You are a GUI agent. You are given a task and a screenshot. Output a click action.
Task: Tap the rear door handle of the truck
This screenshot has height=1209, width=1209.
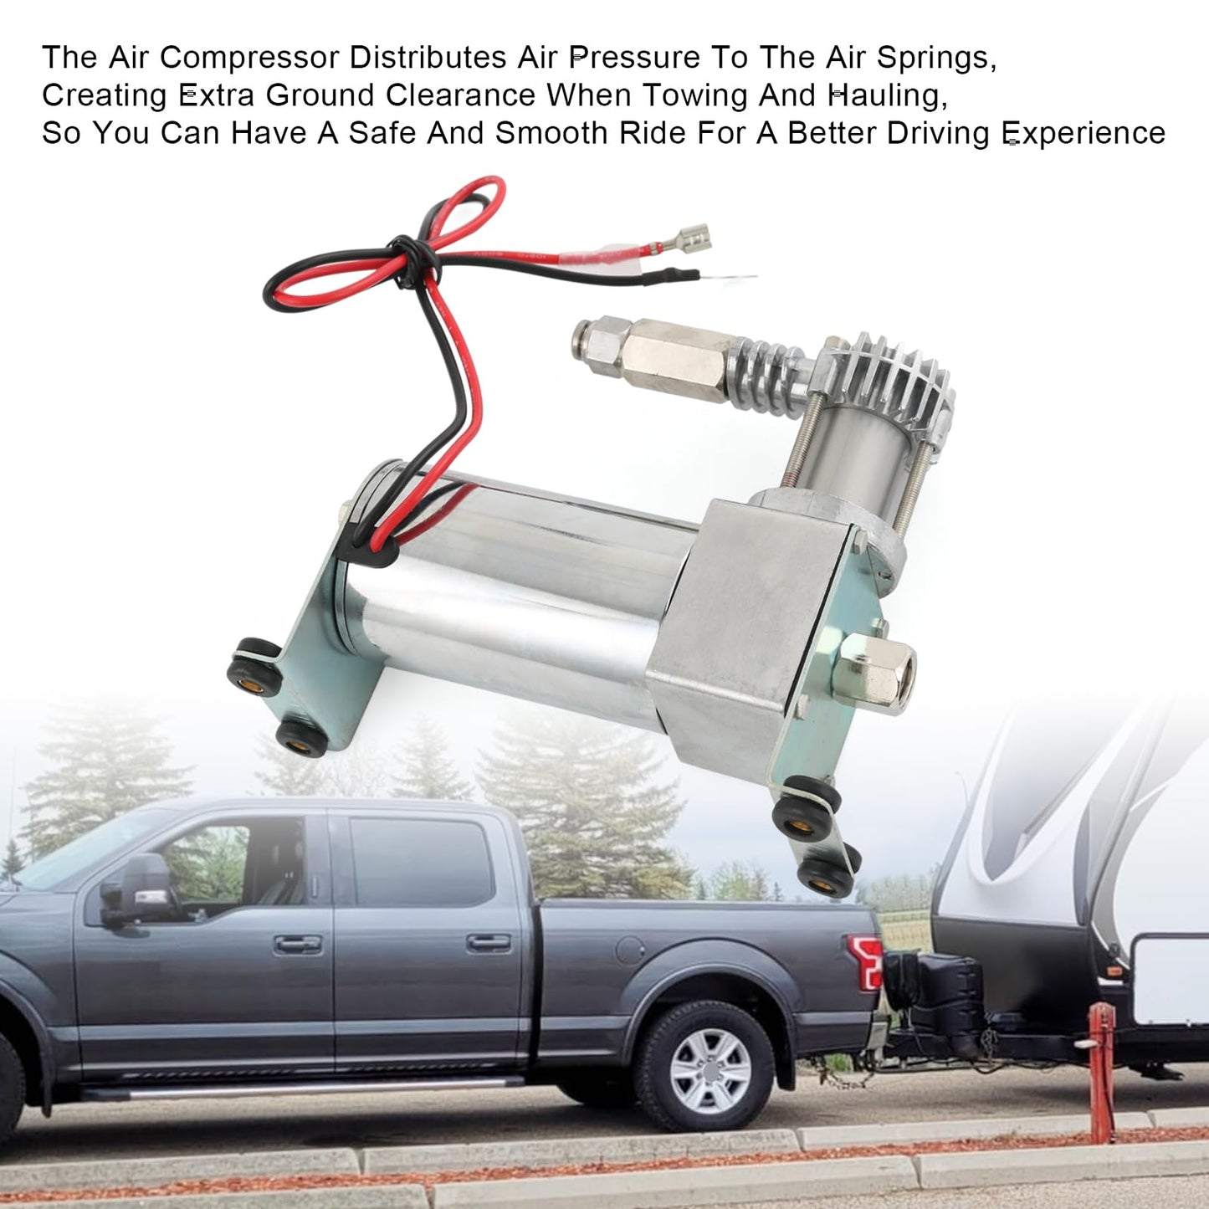tap(489, 942)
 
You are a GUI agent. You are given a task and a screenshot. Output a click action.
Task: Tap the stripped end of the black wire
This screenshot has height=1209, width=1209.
tap(736, 276)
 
